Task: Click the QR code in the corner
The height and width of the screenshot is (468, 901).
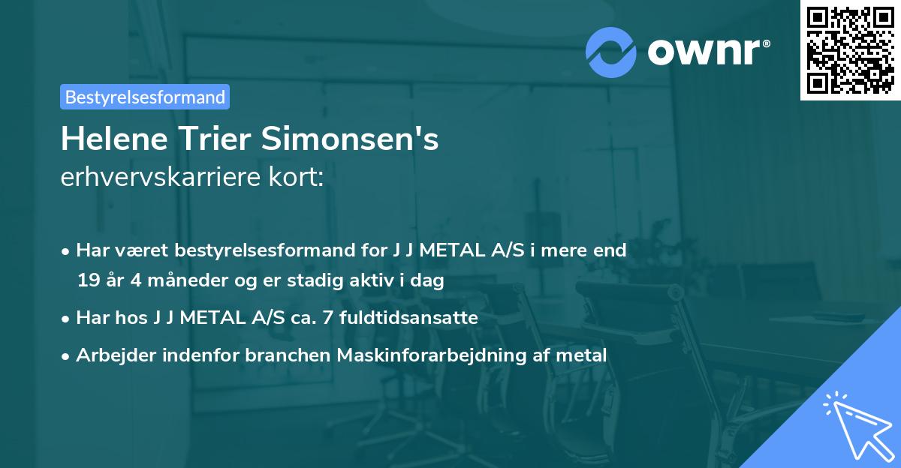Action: click(x=851, y=49)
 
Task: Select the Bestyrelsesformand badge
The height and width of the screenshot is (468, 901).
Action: click(x=145, y=97)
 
